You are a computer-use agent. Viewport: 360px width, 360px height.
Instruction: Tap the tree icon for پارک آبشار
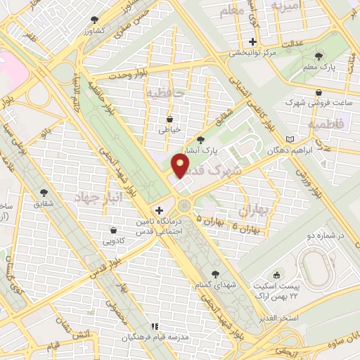(202, 140)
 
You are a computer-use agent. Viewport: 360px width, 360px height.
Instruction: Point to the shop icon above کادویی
(113, 230)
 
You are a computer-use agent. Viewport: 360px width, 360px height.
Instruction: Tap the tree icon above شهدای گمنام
(215, 274)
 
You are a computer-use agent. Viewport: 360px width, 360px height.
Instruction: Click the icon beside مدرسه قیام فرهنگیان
(154, 327)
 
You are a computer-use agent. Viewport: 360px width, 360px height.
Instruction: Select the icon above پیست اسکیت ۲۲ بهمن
(277, 275)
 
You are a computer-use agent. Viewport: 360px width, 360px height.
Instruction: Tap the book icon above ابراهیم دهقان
(291, 140)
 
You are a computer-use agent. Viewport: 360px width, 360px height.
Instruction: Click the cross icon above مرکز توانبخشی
(252, 41)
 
